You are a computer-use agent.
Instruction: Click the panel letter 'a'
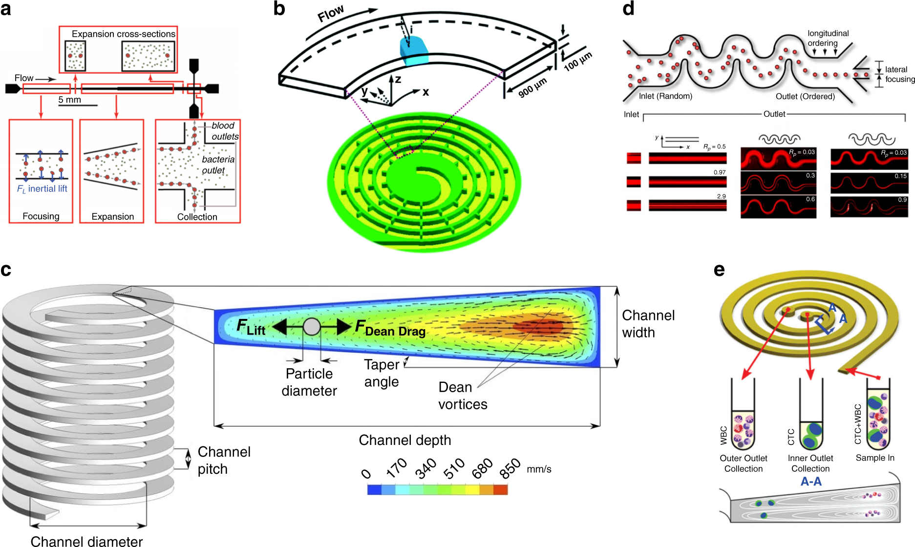[x=6, y=9]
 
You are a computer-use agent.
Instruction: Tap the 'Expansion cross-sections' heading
[x=123, y=34]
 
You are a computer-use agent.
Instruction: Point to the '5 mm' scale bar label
[x=70, y=100]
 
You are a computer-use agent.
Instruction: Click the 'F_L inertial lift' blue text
[x=42, y=189]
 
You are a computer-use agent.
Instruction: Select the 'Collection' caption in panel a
[x=197, y=217]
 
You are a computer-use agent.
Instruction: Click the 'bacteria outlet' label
[x=218, y=165]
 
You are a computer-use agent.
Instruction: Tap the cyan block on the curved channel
[x=414, y=51]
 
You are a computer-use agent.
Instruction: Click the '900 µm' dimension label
[x=532, y=88]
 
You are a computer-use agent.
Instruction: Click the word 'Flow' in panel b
[x=331, y=14]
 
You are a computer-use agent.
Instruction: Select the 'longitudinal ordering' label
[x=828, y=38]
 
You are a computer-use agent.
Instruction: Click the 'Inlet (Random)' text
[x=665, y=96]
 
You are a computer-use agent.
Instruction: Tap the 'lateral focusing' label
[x=899, y=74]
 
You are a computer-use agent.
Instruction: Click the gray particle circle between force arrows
[x=312, y=326]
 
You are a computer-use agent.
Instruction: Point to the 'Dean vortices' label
[x=462, y=396]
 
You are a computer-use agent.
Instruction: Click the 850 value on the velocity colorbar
[x=510, y=469]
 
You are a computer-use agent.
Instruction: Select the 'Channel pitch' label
[x=224, y=460]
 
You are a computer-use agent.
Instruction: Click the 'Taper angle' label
[x=382, y=373]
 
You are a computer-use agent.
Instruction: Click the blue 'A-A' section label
[x=811, y=482]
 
